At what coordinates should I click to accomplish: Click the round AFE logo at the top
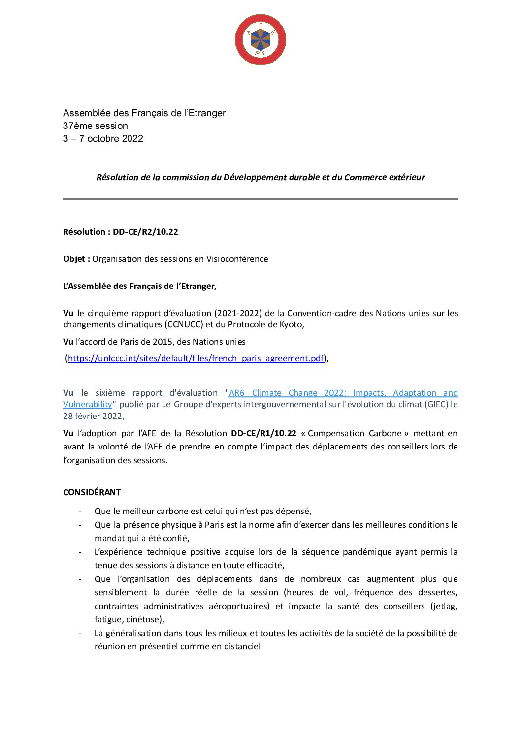[x=260, y=40]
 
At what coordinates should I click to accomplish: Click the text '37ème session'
[x=95, y=126]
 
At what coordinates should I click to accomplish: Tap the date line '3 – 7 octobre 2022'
[x=103, y=139]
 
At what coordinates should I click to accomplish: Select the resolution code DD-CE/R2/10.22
[x=145, y=232]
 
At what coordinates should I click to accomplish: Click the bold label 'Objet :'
[x=76, y=259]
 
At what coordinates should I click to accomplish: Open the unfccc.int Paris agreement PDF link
[x=196, y=358]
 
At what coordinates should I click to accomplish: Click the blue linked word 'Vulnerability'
[x=88, y=404]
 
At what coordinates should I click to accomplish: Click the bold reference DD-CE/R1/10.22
[x=263, y=433]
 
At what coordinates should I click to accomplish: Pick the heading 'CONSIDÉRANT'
[x=92, y=492]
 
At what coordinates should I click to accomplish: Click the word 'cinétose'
[x=145, y=619]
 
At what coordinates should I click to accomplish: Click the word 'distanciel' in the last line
[x=241, y=646]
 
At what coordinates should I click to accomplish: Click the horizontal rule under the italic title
[x=260, y=199]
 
